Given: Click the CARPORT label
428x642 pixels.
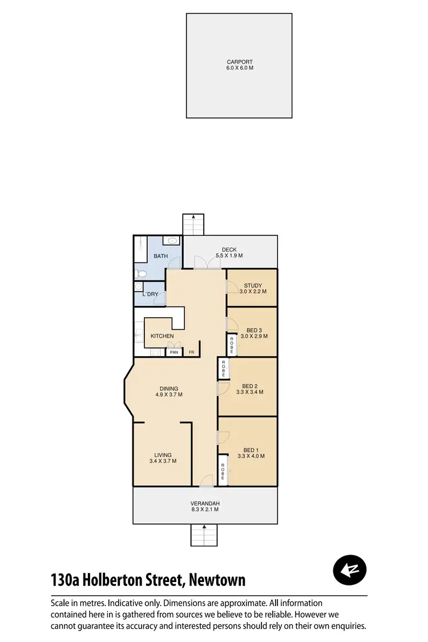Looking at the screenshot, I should tap(239, 62).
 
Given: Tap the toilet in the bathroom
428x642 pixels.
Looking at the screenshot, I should tap(142, 274).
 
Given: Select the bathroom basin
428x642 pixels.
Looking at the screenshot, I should tap(173, 241).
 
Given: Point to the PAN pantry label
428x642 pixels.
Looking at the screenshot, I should tap(174, 352).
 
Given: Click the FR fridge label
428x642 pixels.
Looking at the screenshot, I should tap(192, 352).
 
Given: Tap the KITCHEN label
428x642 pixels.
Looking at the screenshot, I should tap(162, 336).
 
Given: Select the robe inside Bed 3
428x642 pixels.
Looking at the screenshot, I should tap(232, 344).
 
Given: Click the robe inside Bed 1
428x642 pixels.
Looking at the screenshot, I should tap(223, 470).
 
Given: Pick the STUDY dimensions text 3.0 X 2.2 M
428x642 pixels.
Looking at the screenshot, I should tap(253, 292).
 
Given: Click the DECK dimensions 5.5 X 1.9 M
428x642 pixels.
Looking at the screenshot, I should tap(229, 256).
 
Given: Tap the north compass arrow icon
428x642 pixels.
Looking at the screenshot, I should tap(349, 569).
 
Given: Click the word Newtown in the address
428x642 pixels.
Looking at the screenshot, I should tap(217, 580).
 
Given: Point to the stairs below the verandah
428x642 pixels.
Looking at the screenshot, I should tap(204, 535).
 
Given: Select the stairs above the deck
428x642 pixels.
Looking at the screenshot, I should tap(193, 224).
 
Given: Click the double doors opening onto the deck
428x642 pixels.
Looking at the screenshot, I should tap(208, 263).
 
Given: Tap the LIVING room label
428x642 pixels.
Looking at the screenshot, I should tap(163, 455).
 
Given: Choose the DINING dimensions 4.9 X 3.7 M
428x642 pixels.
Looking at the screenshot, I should tap(169, 394).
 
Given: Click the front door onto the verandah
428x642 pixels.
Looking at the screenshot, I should tap(206, 482).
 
